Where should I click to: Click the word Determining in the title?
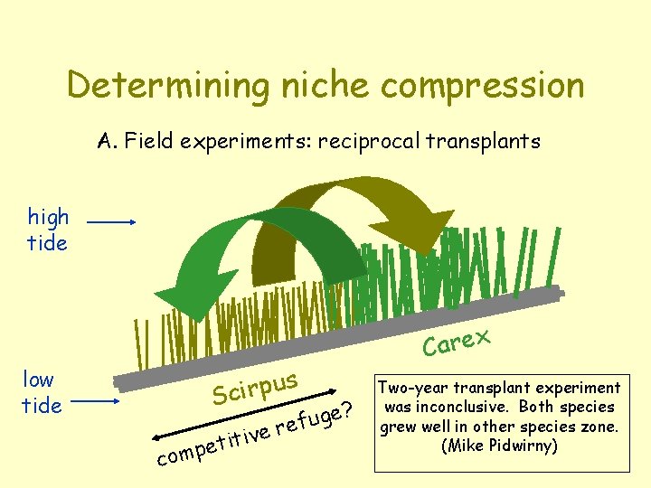click(166, 86)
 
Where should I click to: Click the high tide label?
click(48, 230)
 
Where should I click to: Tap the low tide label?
click(42, 392)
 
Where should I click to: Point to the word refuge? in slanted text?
click(313, 417)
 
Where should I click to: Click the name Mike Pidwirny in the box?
click(500, 446)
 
